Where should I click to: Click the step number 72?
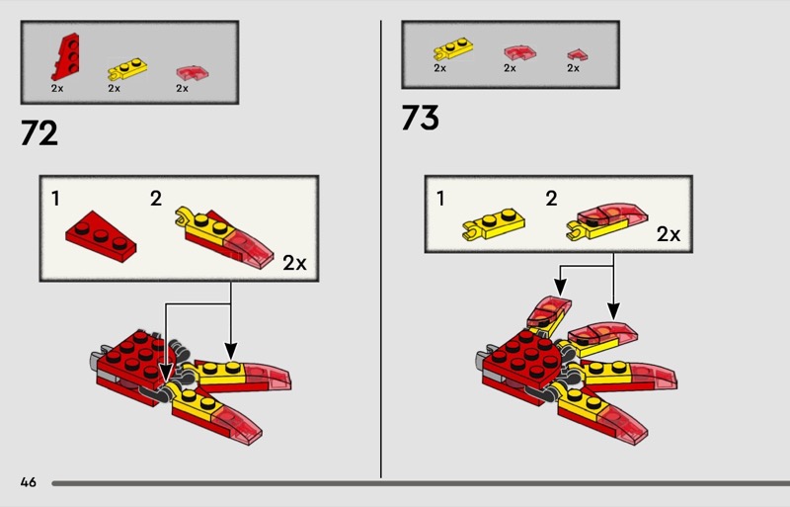pyautogui.click(x=39, y=133)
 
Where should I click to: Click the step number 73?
pyautogui.click(x=421, y=118)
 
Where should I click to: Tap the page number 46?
pyautogui.click(x=29, y=482)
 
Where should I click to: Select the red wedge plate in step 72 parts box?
pyautogui.click(x=65, y=56)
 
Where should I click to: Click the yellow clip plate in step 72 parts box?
pyautogui.click(x=127, y=69)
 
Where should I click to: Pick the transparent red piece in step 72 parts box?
pyautogui.click(x=193, y=73)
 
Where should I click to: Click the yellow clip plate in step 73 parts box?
pyautogui.click(x=453, y=49)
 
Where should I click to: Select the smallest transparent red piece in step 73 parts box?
pyautogui.click(x=578, y=54)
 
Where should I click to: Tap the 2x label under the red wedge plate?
pyautogui.click(x=57, y=88)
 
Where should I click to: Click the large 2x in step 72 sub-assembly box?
pyautogui.click(x=294, y=263)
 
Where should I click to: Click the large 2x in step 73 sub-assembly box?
pyautogui.click(x=669, y=234)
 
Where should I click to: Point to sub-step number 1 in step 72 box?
pyautogui.click(x=55, y=199)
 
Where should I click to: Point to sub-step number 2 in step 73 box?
pyautogui.click(x=551, y=199)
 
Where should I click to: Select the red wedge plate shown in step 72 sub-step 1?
pyautogui.click(x=101, y=236)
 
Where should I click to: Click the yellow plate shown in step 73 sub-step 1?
pyautogui.click(x=493, y=225)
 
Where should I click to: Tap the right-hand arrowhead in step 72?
pyautogui.click(x=230, y=351)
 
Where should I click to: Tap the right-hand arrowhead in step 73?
pyautogui.click(x=613, y=310)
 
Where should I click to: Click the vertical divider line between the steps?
pyautogui.click(x=381, y=249)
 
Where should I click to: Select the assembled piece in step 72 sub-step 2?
pyautogui.click(x=224, y=237)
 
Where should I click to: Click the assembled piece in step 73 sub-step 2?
pyautogui.click(x=607, y=222)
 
